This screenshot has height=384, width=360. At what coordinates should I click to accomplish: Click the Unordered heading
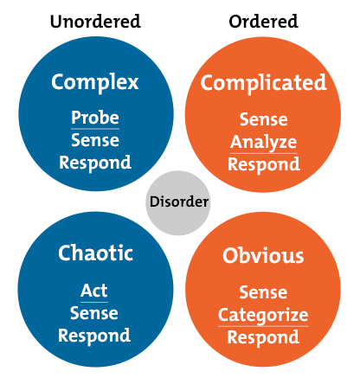pyautogui.click(x=95, y=22)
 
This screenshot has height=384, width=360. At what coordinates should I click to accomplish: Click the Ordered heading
pyautogui.click(x=263, y=22)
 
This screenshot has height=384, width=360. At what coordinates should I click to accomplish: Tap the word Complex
pyautogui.click(x=95, y=83)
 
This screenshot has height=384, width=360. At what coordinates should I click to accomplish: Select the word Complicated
pyautogui.click(x=263, y=83)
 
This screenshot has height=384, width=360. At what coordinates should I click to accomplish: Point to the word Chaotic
pyautogui.click(x=95, y=253)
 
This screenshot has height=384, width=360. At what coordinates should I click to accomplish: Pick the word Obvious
pyautogui.click(x=263, y=255)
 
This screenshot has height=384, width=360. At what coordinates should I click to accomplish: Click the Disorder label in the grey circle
pyautogui.click(x=179, y=202)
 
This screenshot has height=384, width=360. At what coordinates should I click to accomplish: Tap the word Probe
pyautogui.click(x=95, y=118)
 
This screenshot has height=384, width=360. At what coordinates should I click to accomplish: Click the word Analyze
pyautogui.click(x=264, y=143)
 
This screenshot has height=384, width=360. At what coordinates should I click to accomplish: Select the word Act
pyautogui.click(x=94, y=291)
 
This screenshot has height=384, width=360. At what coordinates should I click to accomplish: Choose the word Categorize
pyautogui.click(x=263, y=315)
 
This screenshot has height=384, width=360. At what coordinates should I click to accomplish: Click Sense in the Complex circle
pyautogui.click(x=95, y=140)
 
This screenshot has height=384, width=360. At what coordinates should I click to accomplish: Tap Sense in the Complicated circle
pyautogui.click(x=264, y=119)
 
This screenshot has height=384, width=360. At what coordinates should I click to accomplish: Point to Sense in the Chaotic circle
pyautogui.click(x=94, y=313)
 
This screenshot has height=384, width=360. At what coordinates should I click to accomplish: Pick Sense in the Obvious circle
pyautogui.click(x=263, y=292)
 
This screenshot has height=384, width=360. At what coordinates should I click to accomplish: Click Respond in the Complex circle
pyautogui.click(x=95, y=163)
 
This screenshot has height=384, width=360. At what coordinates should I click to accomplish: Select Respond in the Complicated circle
pyautogui.click(x=264, y=165)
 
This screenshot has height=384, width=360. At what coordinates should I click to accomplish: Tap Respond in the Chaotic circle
pyautogui.click(x=94, y=336)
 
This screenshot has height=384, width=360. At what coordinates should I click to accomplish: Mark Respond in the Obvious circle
pyautogui.click(x=263, y=337)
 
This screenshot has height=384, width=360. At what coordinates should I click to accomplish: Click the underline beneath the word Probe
pyautogui.click(x=95, y=129)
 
